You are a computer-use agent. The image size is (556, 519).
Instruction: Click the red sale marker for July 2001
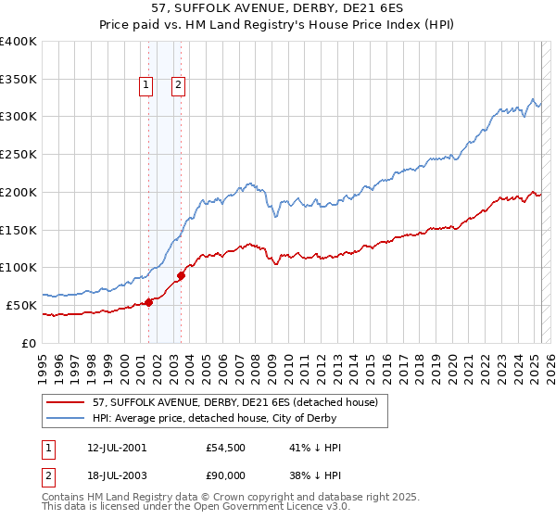[148, 301]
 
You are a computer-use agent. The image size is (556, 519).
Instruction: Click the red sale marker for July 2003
[182, 274]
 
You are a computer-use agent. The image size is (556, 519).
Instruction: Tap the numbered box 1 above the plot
[146, 86]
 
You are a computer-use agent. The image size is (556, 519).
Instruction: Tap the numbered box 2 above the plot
[178, 86]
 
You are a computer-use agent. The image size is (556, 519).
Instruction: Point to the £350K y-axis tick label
[19, 79]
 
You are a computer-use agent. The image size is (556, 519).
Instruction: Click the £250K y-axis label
[19, 154]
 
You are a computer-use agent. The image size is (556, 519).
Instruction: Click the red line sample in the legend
[66, 403]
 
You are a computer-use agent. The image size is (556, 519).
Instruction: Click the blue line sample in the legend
[66, 419]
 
